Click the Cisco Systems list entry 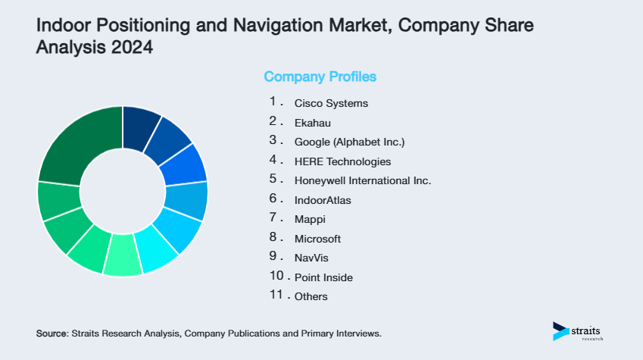point(331,102)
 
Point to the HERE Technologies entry point(342,161)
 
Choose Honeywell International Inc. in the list point(363,180)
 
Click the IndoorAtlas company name point(323,200)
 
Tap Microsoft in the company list point(317,239)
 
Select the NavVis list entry point(311,258)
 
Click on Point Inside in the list point(323,277)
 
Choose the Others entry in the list point(311,297)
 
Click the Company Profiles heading point(320,77)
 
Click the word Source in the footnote point(52,333)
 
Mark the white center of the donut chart point(123,191)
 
